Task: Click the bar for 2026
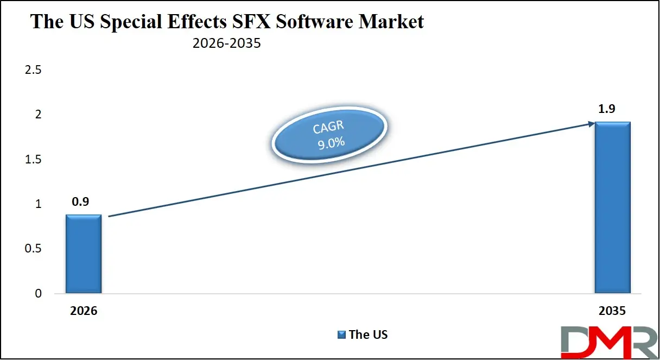pyautogui.click(x=84, y=254)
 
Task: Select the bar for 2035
pyautogui.click(x=612, y=207)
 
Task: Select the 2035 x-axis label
pyautogui.click(x=613, y=312)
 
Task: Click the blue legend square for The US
pyautogui.click(x=341, y=335)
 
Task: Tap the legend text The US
pyautogui.click(x=369, y=335)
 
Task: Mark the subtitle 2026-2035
pyautogui.click(x=227, y=43)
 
